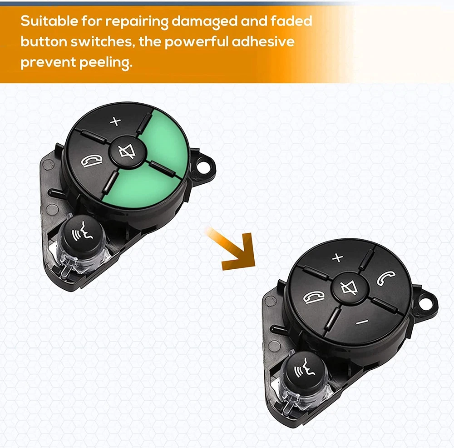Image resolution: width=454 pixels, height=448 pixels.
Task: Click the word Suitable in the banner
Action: click(49, 21)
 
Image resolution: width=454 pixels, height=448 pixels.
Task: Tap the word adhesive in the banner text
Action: click(263, 41)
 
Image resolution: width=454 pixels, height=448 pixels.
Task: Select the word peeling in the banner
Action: click(105, 63)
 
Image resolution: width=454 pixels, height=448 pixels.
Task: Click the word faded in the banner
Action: click(291, 21)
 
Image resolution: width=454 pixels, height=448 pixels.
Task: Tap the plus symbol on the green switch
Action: click(115, 121)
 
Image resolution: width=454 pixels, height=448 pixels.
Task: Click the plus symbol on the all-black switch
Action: click(338, 257)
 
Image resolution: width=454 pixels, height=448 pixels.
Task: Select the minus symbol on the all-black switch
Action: click(362, 322)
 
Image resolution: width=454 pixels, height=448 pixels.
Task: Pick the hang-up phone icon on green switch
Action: click(91, 161)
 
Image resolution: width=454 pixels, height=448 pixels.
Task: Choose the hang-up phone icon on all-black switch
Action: click(314, 298)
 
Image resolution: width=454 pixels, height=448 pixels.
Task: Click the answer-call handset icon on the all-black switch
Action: click(386, 278)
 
